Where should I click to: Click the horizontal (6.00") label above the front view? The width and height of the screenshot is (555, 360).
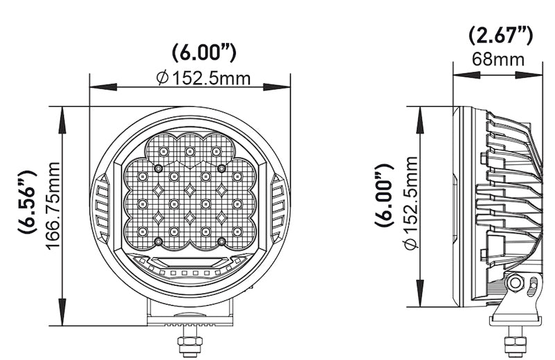204,53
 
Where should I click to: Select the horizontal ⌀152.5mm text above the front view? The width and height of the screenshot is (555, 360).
204,78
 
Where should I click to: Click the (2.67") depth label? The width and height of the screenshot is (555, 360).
499,34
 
